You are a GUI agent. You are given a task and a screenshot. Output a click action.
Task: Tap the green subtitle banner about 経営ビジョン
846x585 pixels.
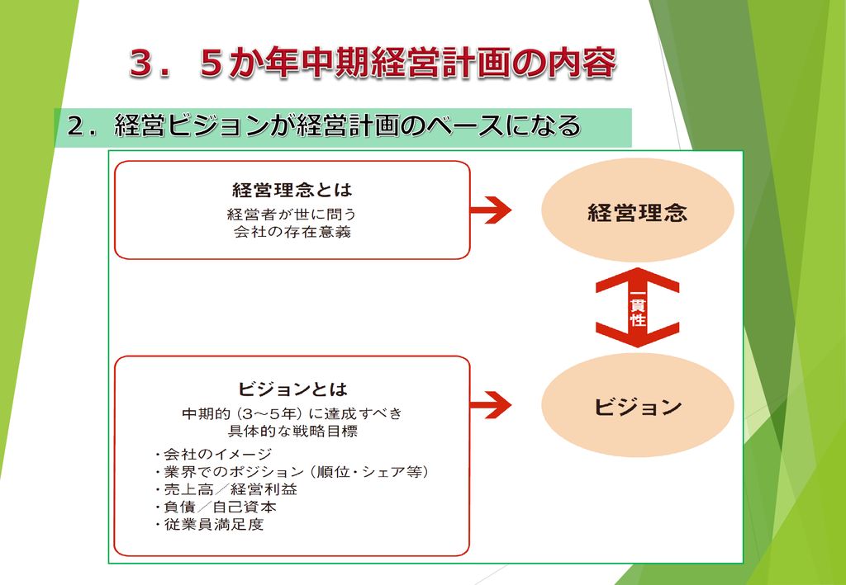343,128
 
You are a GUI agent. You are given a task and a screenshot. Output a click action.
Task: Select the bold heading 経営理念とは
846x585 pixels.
292,190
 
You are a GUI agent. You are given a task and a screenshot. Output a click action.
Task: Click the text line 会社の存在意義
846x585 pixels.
292,233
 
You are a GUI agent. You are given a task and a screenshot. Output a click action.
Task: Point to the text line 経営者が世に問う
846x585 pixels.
292,215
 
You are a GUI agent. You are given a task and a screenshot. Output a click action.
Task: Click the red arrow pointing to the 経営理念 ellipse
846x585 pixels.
490,210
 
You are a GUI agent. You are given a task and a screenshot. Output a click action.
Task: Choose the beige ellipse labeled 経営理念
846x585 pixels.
637,210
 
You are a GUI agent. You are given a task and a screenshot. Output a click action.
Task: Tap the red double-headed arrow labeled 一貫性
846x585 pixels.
637,308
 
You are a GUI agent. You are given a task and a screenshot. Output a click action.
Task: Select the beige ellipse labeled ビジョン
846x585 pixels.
637,405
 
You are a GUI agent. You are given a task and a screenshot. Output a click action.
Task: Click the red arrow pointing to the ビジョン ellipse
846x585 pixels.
490,405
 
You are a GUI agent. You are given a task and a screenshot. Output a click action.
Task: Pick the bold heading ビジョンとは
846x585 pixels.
292,389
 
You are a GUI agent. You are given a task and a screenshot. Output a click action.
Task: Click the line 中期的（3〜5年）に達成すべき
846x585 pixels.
292,413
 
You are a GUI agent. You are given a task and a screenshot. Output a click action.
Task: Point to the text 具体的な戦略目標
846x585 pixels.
292,432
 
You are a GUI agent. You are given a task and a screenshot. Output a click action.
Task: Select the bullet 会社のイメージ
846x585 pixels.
213,455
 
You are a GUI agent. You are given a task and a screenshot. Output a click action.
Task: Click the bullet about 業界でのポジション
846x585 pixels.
292,472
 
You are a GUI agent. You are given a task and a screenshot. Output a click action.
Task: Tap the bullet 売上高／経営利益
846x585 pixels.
226,489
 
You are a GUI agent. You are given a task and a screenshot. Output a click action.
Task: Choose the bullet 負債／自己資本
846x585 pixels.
216,507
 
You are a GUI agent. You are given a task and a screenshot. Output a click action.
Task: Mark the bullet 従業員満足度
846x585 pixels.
209,524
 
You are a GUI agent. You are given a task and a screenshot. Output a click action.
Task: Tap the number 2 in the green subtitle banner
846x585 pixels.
74,128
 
